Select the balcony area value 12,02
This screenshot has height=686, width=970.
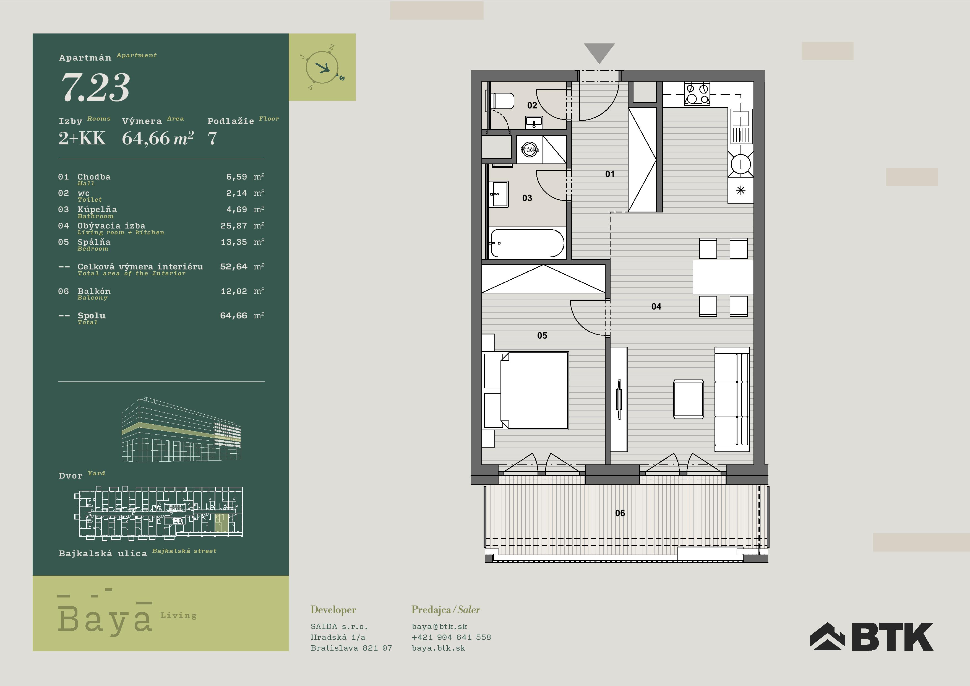coord(234,291)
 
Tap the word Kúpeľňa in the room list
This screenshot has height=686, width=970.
coord(97,209)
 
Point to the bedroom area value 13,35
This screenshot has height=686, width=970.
coord(234,242)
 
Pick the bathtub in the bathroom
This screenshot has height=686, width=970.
coord(527,243)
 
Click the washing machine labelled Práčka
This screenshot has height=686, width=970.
coord(529,150)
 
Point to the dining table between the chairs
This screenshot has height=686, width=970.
coord(723,277)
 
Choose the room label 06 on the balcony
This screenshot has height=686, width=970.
coord(620,513)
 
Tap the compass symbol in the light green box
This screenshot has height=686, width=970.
coord(322,67)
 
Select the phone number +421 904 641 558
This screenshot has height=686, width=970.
coord(451,637)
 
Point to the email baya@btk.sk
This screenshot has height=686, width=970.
coord(439,627)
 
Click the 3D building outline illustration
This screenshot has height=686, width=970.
coord(181,429)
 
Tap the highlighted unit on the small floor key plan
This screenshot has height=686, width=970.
coord(221,523)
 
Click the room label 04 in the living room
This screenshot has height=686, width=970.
coord(656,306)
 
